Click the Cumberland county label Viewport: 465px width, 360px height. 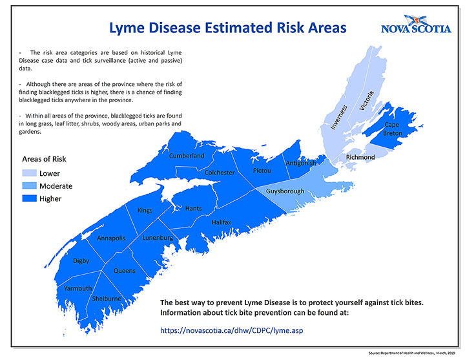click(x=187, y=156)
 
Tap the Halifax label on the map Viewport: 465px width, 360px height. click(x=222, y=222)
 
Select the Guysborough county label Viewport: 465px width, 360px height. click(x=285, y=192)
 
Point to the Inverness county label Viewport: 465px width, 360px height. click(x=339, y=117)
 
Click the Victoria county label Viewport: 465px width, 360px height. click(x=366, y=102)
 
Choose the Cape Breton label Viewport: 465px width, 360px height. click(x=392, y=129)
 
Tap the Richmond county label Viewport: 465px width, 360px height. click(x=360, y=157)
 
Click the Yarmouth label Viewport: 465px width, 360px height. click(x=77, y=287)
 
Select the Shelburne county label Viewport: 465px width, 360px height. click(x=107, y=299)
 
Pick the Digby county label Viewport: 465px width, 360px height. click(x=81, y=260)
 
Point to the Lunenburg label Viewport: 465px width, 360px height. click(x=158, y=238)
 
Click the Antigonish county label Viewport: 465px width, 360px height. click(x=301, y=163)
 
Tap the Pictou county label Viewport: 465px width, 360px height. click(x=262, y=171)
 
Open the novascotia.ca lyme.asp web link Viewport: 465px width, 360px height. click(x=231, y=331)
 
